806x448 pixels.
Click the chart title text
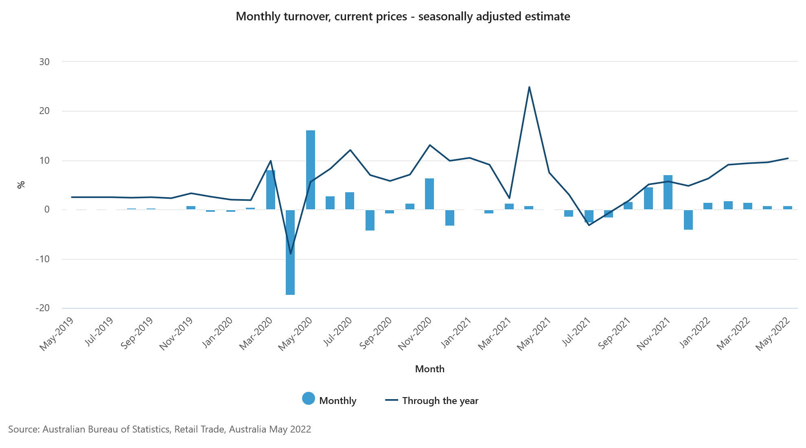[x=403, y=17]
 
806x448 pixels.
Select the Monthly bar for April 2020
[x=290, y=252]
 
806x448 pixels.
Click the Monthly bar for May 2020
[x=310, y=170]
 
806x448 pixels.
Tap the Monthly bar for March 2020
[x=270, y=190]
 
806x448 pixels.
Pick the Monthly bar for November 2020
[x=429, y=194]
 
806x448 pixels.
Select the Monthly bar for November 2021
[x=668, y=192]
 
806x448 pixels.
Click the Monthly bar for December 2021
[x=688, y=220]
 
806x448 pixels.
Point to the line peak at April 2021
[x=529, y=87]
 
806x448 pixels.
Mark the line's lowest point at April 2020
[x=290, y=254]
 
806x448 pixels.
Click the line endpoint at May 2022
[x=788, y=158]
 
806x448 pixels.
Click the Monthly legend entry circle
[x=309, y=399]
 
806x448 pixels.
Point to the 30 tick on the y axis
[x=44, y=62]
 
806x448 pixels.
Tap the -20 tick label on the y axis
[x=42, y=308]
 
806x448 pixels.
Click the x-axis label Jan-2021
[x=456, y=333]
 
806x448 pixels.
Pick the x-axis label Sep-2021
[x=614, y=333]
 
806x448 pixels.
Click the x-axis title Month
[x=429, y=369]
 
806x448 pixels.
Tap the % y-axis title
[x=21, y=185]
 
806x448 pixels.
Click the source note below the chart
[x=160, y=429]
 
